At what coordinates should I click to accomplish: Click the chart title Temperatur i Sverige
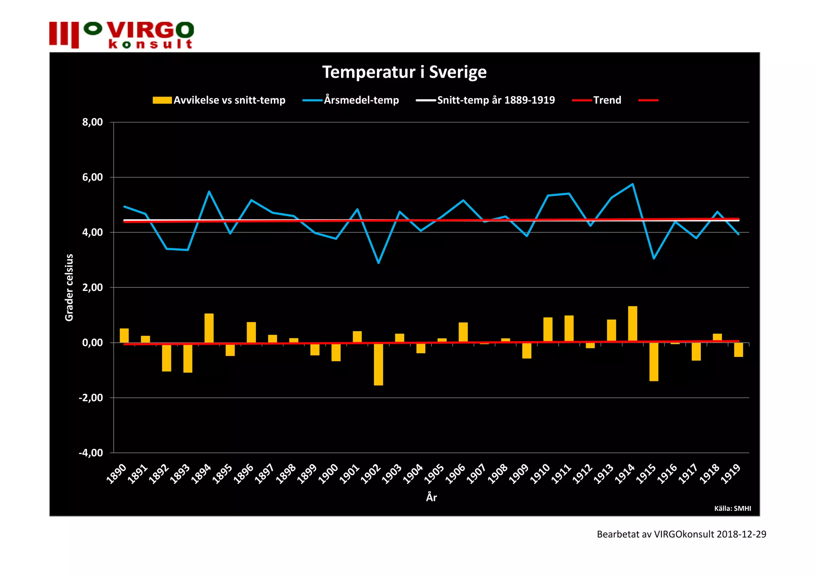click(x=404, y=72)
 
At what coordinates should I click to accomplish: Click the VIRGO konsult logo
click(x=122, y=35)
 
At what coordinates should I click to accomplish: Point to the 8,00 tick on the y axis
click(x=92, y=122)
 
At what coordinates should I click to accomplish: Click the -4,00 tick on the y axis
click(x=91, y=453)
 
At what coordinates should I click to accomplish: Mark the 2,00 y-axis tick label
click(x=92, y=287)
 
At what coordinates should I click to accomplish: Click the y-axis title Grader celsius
click(x=69, y=287)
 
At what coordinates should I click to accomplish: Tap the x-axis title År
click(x=432, y=497)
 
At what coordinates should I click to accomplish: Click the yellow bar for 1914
click(x=632, y=324)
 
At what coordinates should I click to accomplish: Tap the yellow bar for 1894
click(x=209, y=328)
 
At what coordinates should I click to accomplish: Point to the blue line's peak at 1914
click(x=632, y=184)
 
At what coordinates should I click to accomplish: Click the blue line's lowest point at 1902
click(x=379, y=263)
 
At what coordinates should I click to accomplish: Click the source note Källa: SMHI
click(x=732, y=508)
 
